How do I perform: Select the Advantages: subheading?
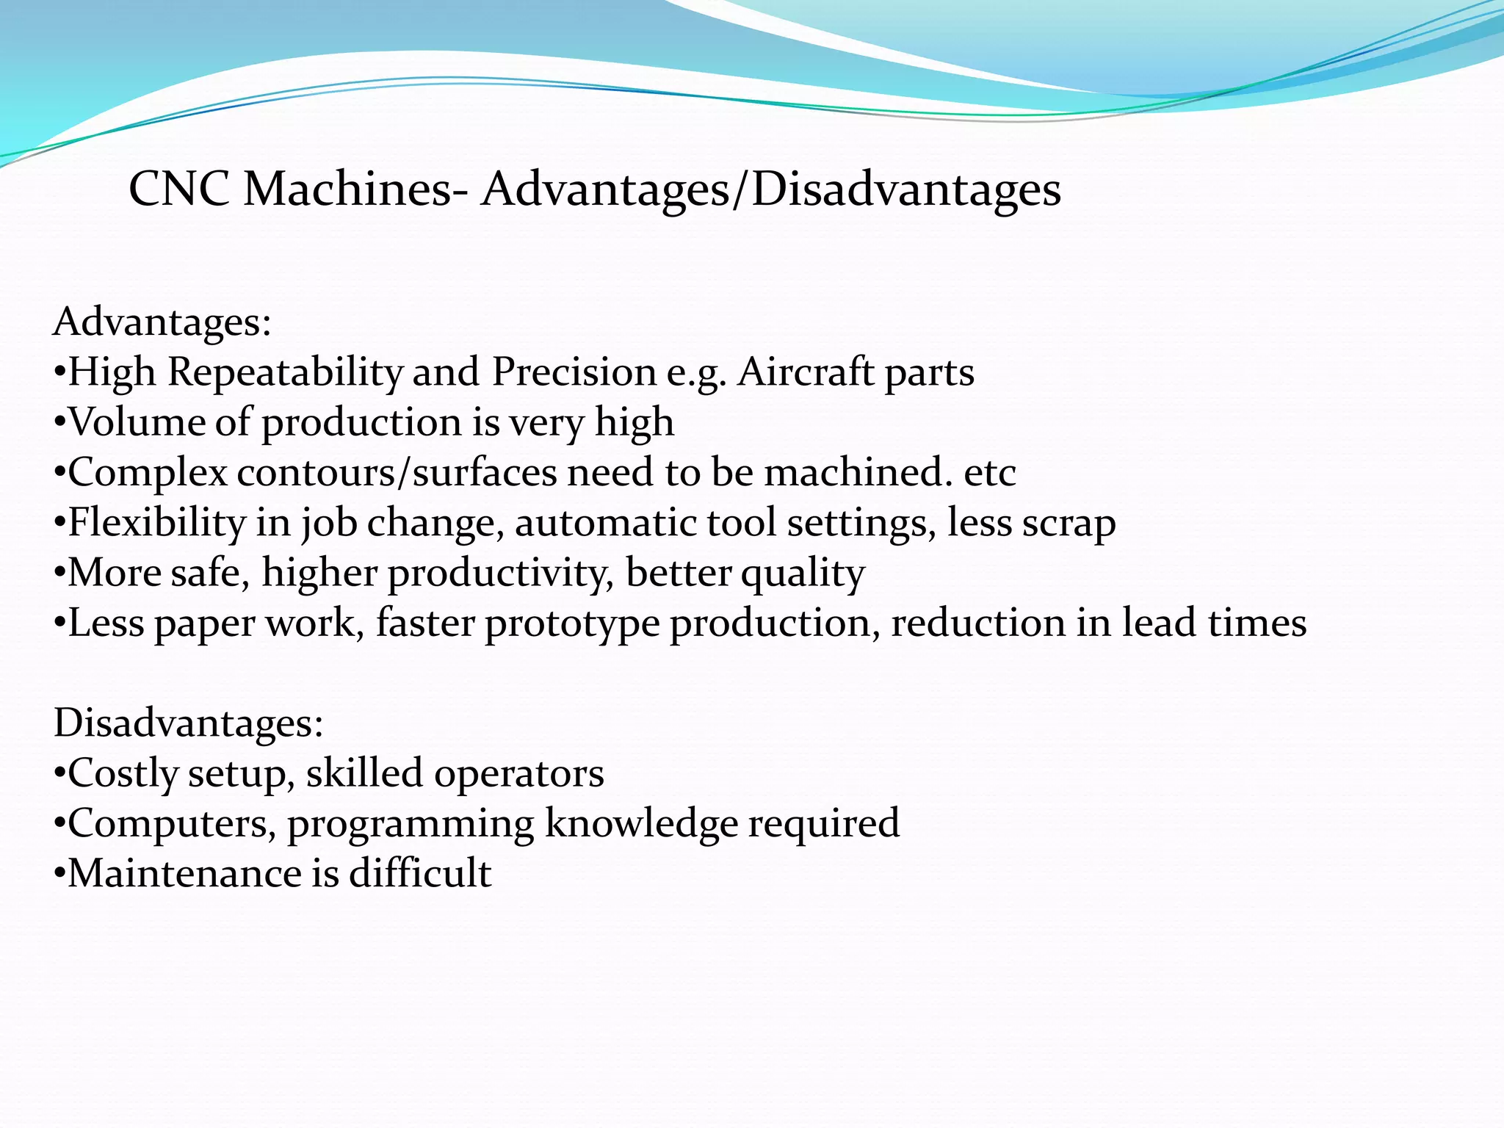(162, 322)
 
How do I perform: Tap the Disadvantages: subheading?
(188, 723)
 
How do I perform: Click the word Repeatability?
(286, 372)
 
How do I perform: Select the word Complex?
(148, 472)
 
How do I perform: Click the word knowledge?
(641, 823)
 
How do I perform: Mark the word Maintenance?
(184, 873)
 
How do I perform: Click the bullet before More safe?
(60, 574)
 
